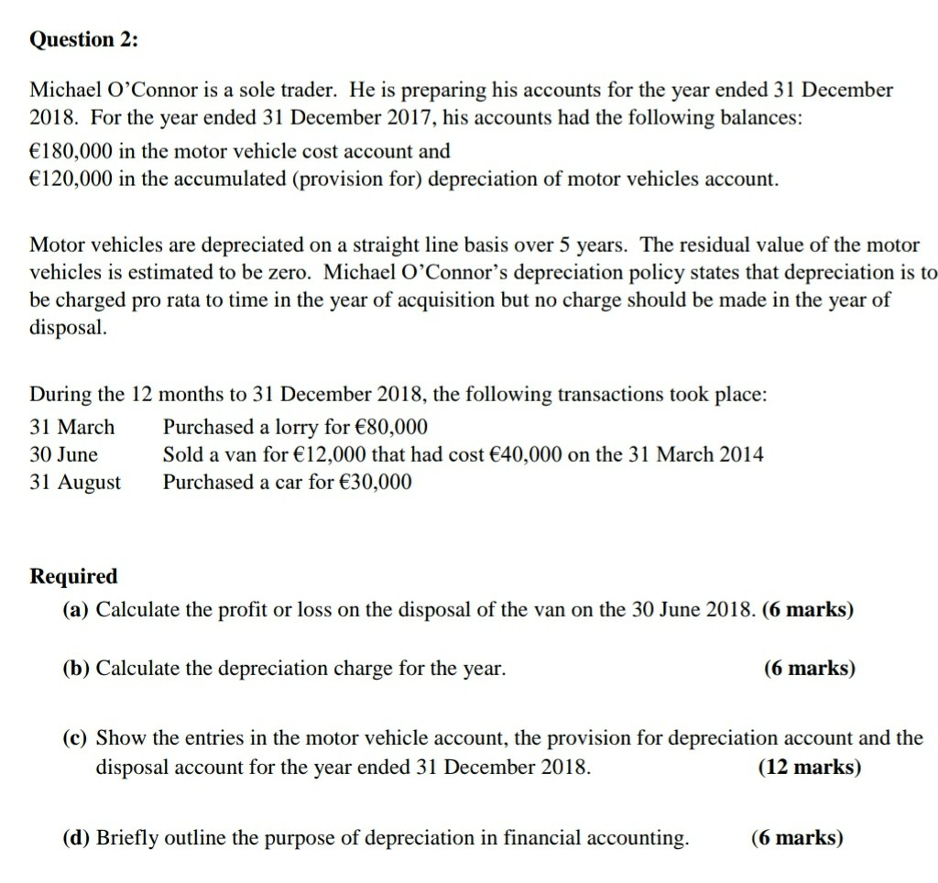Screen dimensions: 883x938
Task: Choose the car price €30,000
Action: (x=375, y=482)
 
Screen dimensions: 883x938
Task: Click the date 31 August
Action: (x=75, y=482)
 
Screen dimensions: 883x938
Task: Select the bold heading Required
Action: (x=74, y=576)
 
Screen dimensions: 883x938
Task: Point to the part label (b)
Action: (x=77, y=669)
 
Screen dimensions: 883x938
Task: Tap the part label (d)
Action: (x=77, y=837)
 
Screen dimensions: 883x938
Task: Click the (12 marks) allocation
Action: (x=810, y=767)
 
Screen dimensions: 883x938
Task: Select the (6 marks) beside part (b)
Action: (x=810, y=669)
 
